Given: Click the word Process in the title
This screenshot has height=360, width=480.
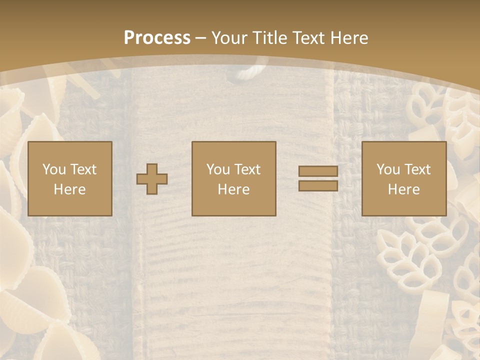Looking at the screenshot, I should point(157,37).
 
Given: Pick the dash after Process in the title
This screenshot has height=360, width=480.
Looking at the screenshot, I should point(201,38).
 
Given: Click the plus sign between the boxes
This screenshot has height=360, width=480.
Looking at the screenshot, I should point(152,178).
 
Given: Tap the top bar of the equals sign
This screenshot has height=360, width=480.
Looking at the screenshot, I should point(318,171).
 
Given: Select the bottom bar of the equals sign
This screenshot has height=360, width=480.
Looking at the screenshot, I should point(318,186).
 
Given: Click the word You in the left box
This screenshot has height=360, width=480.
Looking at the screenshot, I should point(53,169).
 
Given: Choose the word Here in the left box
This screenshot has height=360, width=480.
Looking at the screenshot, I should point(69,189).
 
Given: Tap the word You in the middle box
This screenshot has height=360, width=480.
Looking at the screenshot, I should point(217,169).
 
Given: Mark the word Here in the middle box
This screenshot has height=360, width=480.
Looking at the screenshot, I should point(233,189).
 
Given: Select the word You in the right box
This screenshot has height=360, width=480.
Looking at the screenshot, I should point(387,169).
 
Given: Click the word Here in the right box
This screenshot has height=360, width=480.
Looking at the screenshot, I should point(403,189).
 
